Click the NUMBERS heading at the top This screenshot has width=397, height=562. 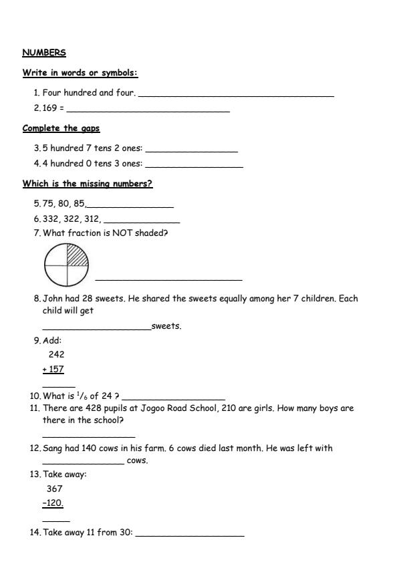(x=44, y=53)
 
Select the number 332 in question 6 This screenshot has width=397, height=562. (x=51, y=219)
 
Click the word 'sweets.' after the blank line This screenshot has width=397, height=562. (x=166, y=326)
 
